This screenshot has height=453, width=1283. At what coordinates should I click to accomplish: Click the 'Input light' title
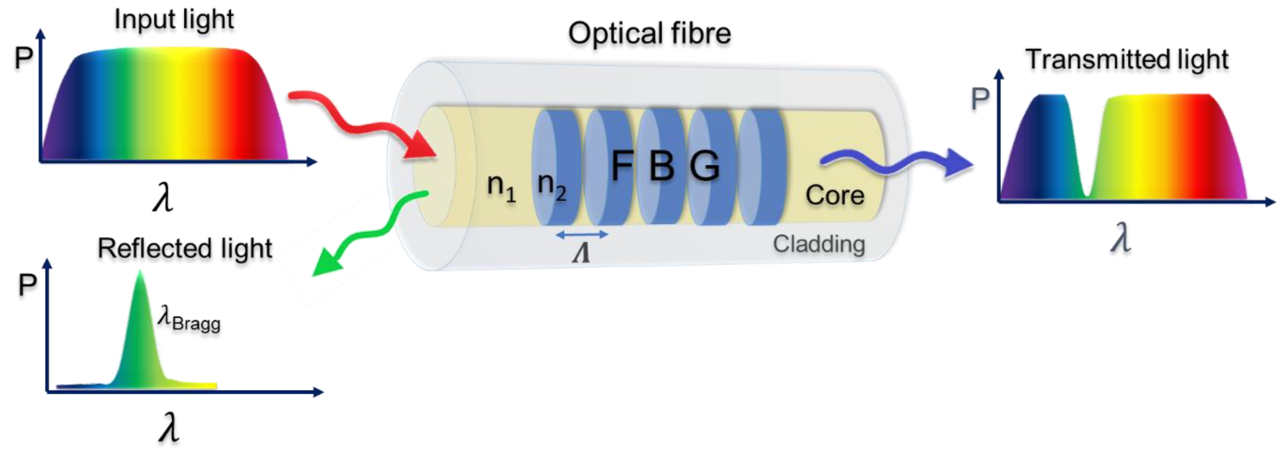[x=174, y=20]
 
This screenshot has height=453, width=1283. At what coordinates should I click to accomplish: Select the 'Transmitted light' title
[x=1127, y=60]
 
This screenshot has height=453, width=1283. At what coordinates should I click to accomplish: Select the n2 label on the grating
[x=552, y=185]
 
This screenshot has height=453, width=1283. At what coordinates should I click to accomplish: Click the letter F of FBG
[x=622, y=166]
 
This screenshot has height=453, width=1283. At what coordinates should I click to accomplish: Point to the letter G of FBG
[x=704, y=166]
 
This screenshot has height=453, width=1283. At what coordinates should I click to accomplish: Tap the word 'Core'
[x=835, y=195]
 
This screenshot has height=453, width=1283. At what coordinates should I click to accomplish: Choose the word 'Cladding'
[x=819, y=244]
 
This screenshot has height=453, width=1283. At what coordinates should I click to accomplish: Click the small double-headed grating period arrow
[x=582, y=234]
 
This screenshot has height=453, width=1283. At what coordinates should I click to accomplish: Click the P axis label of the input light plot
[x=23, y=58]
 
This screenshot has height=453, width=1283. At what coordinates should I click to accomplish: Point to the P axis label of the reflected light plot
[x=27, y=285]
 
